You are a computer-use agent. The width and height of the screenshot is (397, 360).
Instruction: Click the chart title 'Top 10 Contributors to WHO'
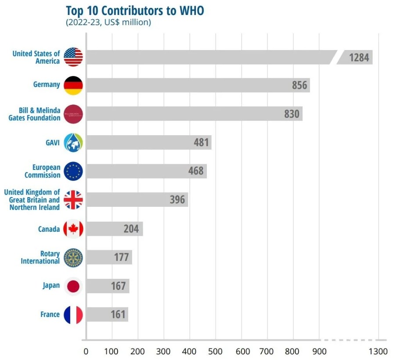coord(134,11)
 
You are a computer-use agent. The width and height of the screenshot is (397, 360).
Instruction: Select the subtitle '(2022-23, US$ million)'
coord(108,22)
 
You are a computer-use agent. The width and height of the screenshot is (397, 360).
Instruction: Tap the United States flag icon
coord(73,57)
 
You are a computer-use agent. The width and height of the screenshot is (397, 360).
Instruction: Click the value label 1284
coord(359,58)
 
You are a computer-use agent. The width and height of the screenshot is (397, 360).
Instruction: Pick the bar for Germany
coord(198,85)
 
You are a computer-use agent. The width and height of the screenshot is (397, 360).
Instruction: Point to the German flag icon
coord(73,85)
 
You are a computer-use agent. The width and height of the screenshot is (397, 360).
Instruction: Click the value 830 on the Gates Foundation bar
coord(292,114)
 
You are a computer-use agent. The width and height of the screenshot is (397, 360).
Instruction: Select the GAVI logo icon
coord(73,143)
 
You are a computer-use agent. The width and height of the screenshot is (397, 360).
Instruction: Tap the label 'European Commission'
coord(42,171)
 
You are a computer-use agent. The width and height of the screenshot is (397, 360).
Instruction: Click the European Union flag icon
coord(73,171)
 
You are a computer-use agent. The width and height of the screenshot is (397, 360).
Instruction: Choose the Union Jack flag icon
coord(73,200)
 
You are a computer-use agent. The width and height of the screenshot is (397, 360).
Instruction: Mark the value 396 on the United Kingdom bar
coord(177,200)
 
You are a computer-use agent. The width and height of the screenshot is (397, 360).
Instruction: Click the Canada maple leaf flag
coord(73,229)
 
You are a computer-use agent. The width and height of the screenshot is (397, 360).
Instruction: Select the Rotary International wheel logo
coord(73,257)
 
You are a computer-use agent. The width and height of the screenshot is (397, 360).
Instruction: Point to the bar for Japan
coord(107,286)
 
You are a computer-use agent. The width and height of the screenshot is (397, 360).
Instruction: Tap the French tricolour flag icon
coord(73,314)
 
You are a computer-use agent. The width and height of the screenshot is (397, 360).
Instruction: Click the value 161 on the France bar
coord(118,315)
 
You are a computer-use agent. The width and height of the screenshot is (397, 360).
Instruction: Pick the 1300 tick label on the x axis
coord(378,352)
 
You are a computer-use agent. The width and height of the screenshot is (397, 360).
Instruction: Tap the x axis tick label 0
coord(86,352)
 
